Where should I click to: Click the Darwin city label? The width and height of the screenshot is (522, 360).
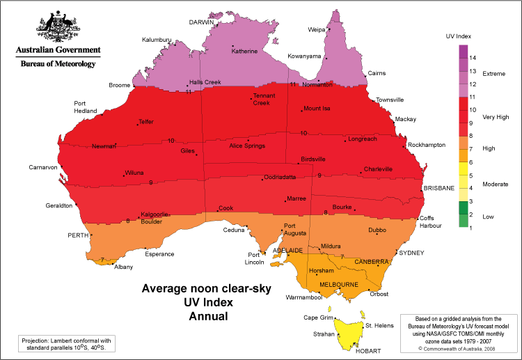(x=201, y=22)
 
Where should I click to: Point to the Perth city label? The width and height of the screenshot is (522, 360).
(x=76, y=235)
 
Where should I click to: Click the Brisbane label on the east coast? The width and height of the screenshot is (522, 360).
(x=438, y=188)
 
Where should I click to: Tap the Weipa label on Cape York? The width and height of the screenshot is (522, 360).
(x=316, y=30)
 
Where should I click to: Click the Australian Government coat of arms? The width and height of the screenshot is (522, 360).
(x=58, y=27)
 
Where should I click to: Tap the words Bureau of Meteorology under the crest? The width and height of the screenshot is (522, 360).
(x=58, y=63)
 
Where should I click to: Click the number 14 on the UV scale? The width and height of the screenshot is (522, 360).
(x=472, y=56)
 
